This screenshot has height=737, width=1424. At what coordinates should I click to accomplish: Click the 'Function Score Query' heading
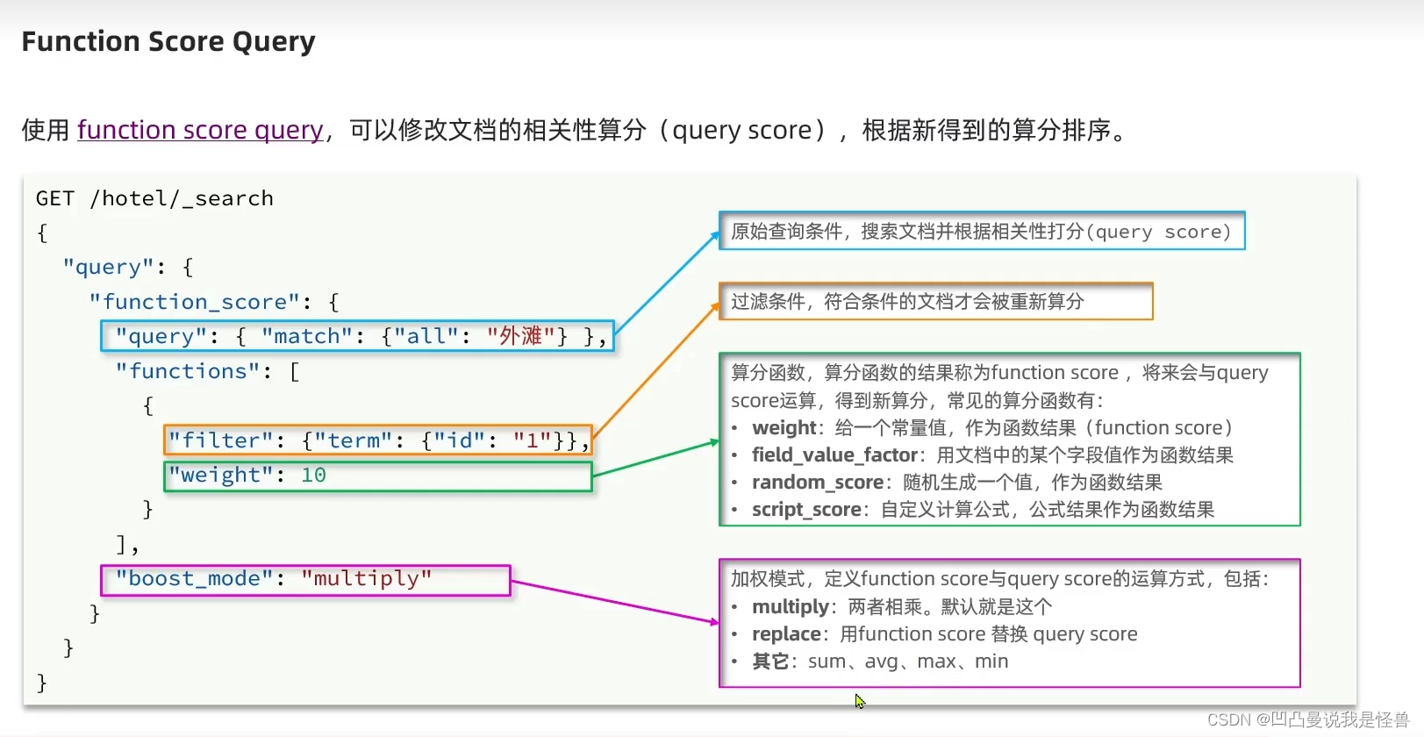click(168, 41)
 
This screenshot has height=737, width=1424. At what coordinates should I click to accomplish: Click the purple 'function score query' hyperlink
click(200, 130)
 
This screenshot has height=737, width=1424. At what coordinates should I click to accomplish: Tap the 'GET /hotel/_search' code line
click(154, 198)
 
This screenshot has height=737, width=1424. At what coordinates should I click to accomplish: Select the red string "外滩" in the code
click(520, 336)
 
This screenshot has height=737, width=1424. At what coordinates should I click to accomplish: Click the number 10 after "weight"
click(313, 475)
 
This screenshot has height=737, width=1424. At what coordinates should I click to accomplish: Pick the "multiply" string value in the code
click(366, 578)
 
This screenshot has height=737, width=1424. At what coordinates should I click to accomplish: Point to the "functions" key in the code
click(188, 371)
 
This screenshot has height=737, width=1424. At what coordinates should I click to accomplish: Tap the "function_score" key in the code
click(194, 302)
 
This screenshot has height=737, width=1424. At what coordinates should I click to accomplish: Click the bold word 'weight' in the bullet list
click(784, 427)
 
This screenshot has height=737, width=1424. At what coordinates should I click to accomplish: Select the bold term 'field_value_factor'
click(834, 454)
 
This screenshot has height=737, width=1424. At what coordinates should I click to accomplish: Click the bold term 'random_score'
click(817, 482)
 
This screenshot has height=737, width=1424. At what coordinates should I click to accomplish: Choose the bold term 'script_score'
click(805, 509)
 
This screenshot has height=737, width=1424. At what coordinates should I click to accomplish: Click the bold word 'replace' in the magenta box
click(786, 633)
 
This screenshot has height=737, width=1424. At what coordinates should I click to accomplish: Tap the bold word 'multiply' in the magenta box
click(790, 606)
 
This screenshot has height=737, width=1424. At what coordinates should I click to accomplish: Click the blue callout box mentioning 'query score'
click(981, 231)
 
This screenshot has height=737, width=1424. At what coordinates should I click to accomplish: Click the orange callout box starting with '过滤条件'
click(934, 301)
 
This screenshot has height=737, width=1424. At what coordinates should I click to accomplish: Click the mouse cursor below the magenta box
click(860, 701)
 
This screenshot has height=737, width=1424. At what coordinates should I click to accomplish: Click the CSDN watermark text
click(1307, 719)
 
